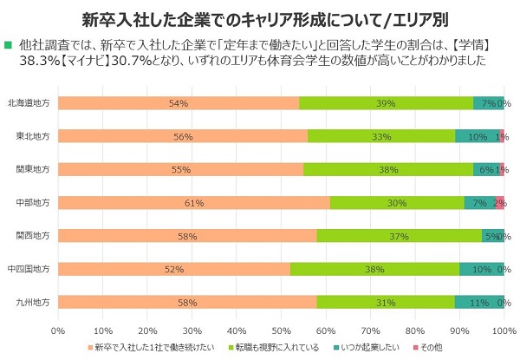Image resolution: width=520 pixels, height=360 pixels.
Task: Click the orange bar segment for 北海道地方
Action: click(179, 103)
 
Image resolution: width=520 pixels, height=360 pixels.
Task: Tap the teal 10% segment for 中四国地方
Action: click(482, 269)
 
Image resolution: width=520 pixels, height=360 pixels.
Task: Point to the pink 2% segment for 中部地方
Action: click(499, 203)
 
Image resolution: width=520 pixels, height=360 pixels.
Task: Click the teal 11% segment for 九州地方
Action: click(479, 302)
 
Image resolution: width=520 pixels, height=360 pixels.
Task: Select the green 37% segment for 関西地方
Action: click(400, 236)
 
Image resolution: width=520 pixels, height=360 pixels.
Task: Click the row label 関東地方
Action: click(34, 169)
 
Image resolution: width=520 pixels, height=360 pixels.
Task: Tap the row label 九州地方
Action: click(34, 302)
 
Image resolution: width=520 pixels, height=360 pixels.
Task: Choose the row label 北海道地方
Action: click(31, 103)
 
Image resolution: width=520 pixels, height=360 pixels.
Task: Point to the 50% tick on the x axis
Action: click(282, 330)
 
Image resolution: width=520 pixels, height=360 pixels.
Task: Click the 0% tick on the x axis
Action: click(59, 330)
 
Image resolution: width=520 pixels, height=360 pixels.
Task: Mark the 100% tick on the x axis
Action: click(504, 330)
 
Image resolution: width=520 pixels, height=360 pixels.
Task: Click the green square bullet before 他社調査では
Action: click(9, 44)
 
